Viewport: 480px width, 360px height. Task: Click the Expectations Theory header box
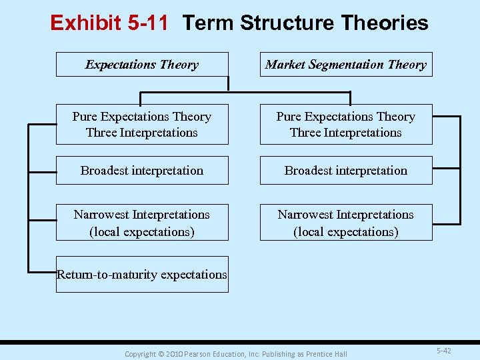pyautogui.click(x=142, y=65)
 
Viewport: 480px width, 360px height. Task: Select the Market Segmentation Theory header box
pyautogui.click(x=345, y=65)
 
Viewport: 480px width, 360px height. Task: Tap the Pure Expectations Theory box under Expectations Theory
pyautogui.click(x=142, y=125)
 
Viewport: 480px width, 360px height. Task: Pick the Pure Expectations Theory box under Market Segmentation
pyautogui.click(x=345, y=125)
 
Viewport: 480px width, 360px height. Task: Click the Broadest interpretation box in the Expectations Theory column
pyautogui.click(x=142, y=171)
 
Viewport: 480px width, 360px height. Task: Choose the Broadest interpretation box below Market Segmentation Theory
pyautogui.click(x=345, y=171)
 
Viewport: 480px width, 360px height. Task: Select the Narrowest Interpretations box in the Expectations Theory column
pyautogui.click(x=142, y=223)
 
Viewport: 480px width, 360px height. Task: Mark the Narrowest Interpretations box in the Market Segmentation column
pyautogui.click(x=345, y=223)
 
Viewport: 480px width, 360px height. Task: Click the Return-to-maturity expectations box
pyautogui.click(x=142, y=275)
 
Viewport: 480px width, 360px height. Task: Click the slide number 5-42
pyautogui.click(x=443, y=351)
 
